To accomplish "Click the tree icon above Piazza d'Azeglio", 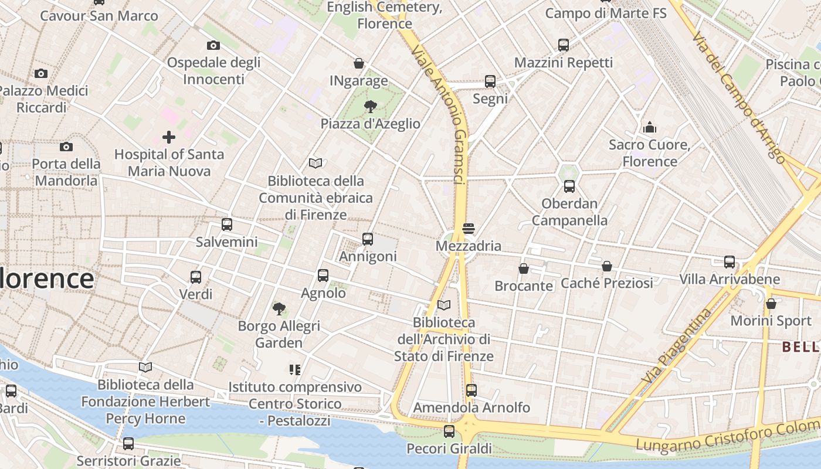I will tap(370, 107).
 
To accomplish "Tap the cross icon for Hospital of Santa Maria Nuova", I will tap(169, 138).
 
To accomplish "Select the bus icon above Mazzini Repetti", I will tap(564, 45).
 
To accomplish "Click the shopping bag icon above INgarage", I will tap(359, 63).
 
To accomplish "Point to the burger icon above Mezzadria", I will tap(468, 229).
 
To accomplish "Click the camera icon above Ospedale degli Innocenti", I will tap(213, 46).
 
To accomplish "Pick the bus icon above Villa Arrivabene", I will tap(730, 262).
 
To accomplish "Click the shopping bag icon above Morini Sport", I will tap(771, 304).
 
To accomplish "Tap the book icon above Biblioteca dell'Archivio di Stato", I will tap(444, 305).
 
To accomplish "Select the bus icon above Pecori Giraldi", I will tap(449, 431).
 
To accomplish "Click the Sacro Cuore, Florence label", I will tap(650, 153).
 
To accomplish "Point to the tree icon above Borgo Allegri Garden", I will tap(279, 308).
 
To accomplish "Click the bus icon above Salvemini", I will tap(227, 225).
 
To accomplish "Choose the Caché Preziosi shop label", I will tap(607, 283).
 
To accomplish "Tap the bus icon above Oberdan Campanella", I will tap(569, 187).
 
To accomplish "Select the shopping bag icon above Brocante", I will tap(524, 269).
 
